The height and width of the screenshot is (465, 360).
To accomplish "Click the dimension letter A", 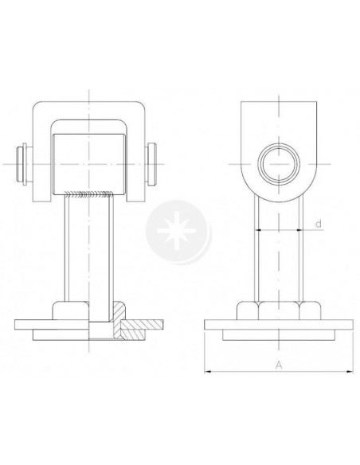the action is pyautogui.click(x=279, y=365).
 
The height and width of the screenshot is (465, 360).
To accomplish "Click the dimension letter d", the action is pyautogui.click(x=319, y=224).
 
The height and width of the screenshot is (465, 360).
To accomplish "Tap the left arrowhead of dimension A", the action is pyautogui.click(x=207, y=371).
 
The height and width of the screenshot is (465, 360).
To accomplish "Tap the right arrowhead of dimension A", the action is pyautogui.click(x=350, y=371).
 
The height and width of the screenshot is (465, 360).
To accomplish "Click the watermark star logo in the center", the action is pyautogui.click(x=178, y=232).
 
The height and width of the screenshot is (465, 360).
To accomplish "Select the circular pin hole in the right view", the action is pyautogui.click(x=279, y=164).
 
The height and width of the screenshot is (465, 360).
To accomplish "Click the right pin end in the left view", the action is pyautogui.click(x=151, y=164).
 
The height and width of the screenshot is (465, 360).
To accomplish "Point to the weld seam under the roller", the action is pyautogui.click(x=89, y=194).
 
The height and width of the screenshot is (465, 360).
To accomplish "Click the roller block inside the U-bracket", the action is pyautogui.click(x=88, y=164).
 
